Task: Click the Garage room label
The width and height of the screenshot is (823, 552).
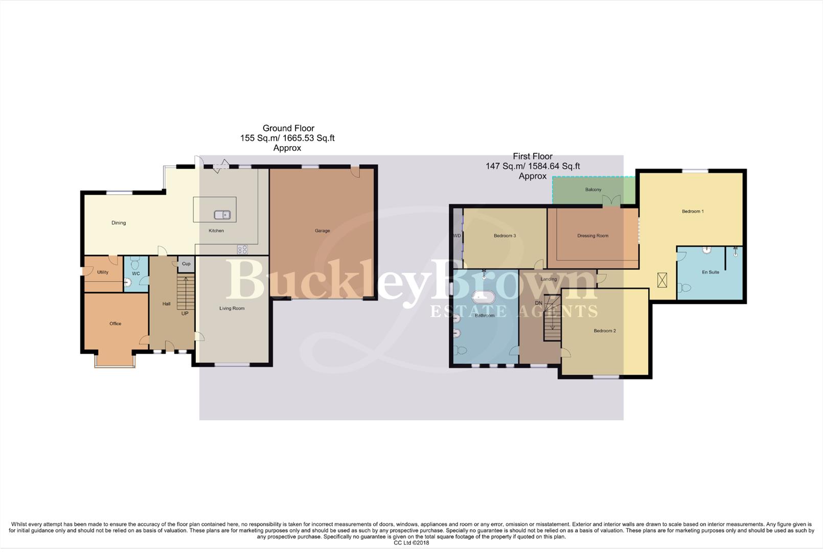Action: point(322,231)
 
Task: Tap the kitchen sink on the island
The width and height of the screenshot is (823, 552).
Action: point(222,215)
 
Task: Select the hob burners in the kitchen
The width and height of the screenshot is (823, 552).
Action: point(242,249)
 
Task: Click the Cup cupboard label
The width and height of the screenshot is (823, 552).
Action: point(186,264)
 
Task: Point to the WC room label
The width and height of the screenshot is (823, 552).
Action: point(136,273)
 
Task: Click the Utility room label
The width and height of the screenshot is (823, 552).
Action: point(103,272)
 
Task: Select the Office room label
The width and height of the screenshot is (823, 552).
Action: point(115,324)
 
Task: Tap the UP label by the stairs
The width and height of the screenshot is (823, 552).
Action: point(185,313)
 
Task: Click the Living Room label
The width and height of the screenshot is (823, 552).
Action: point(232,308)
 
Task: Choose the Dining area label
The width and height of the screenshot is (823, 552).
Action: point(119,223)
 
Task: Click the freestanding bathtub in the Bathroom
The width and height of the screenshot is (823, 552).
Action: point(483,297)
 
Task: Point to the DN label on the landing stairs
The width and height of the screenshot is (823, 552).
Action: point(538,303)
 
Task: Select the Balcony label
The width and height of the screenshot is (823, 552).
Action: point(593,190)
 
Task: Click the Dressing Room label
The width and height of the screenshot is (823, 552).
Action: point(592,236)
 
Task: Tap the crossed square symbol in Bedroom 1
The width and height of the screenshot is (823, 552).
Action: point(662,280)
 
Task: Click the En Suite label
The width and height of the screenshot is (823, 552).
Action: point(710,272)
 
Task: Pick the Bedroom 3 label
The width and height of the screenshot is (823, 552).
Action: point(505,236)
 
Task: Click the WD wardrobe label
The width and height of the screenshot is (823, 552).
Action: point(456,236)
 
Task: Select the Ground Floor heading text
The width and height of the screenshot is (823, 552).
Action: point(288,128)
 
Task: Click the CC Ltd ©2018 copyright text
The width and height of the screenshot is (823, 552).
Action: point(411,543)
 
